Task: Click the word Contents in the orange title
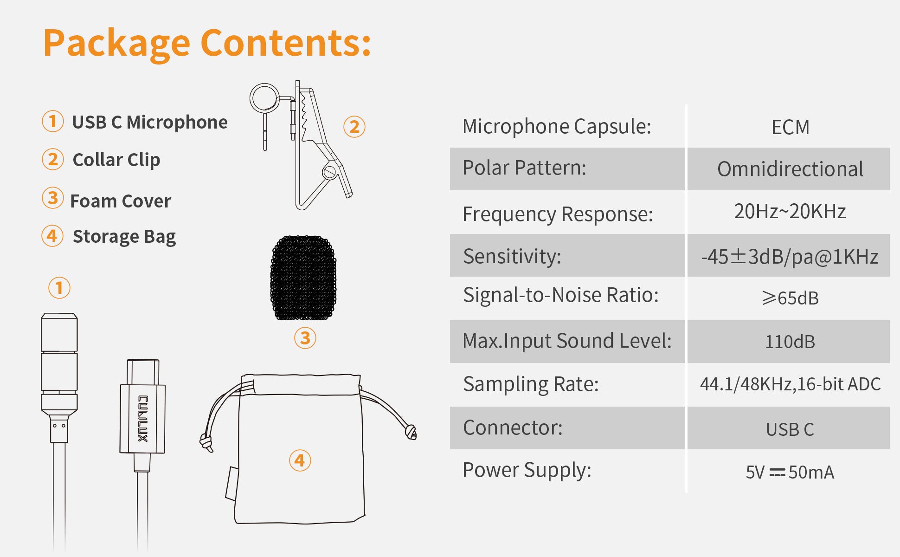click(x=285, y=43)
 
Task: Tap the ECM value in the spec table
click(x=790, y=127)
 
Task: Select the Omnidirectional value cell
click(x=790, y=169)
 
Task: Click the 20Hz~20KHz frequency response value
click(x=790, y=211)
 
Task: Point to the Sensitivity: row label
click(x=512, y=256)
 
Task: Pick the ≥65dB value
click(x=790, y=298)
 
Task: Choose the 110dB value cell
click(x=790, y=342)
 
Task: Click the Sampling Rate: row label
click(x=531, y=384)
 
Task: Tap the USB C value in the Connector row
click(x=790, y=429)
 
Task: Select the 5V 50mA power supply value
click(x=790, y=472)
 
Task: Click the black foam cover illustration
click(x=303, y=278)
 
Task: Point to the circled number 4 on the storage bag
click(x=300, y=460)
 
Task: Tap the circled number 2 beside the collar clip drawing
click(x=354, y=127)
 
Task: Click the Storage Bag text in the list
click(x=124, y=237)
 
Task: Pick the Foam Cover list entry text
click(x=121, y=201)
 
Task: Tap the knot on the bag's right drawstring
click(x=411, y=432)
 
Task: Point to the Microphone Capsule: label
click(x=557, y=127)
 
